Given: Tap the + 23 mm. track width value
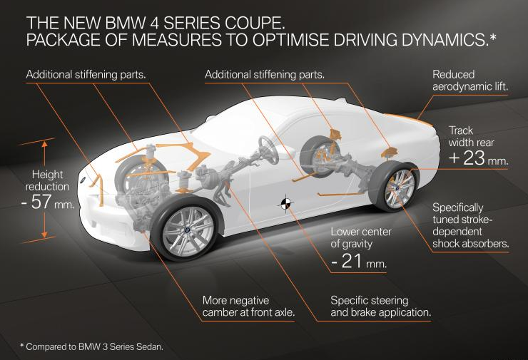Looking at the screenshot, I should pyautogui.click(x=478, y=158).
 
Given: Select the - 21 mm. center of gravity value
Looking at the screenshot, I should pyautogui.click(x=358, y=262).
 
